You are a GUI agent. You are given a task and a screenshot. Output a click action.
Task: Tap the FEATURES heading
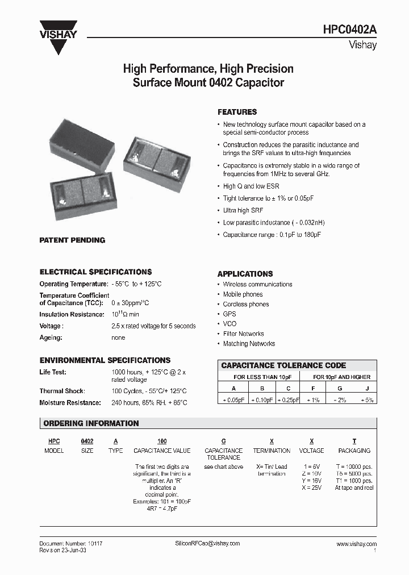click(237, 113)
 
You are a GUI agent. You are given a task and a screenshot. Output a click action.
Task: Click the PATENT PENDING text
click(72, 240)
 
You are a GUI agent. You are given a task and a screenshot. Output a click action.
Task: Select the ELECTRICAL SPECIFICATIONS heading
click(95, 272)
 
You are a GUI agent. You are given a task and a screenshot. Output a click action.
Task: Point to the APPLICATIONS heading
click(245, 274)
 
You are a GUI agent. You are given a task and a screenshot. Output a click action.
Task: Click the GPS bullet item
click(229, 314)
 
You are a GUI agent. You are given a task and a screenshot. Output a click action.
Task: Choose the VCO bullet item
click(229, 324)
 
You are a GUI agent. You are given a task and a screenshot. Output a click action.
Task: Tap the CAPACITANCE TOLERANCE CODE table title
click(283, 365)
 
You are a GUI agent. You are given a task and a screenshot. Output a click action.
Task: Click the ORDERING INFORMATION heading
click(91, 423)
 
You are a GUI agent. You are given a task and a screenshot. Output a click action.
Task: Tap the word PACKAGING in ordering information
click(354, 451)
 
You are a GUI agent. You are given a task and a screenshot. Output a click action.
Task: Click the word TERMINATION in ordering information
click(272, 451)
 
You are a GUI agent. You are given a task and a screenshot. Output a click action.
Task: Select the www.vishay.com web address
click(356, 544)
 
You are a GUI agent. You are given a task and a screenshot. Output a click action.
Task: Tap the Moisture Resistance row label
click(70, 403)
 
